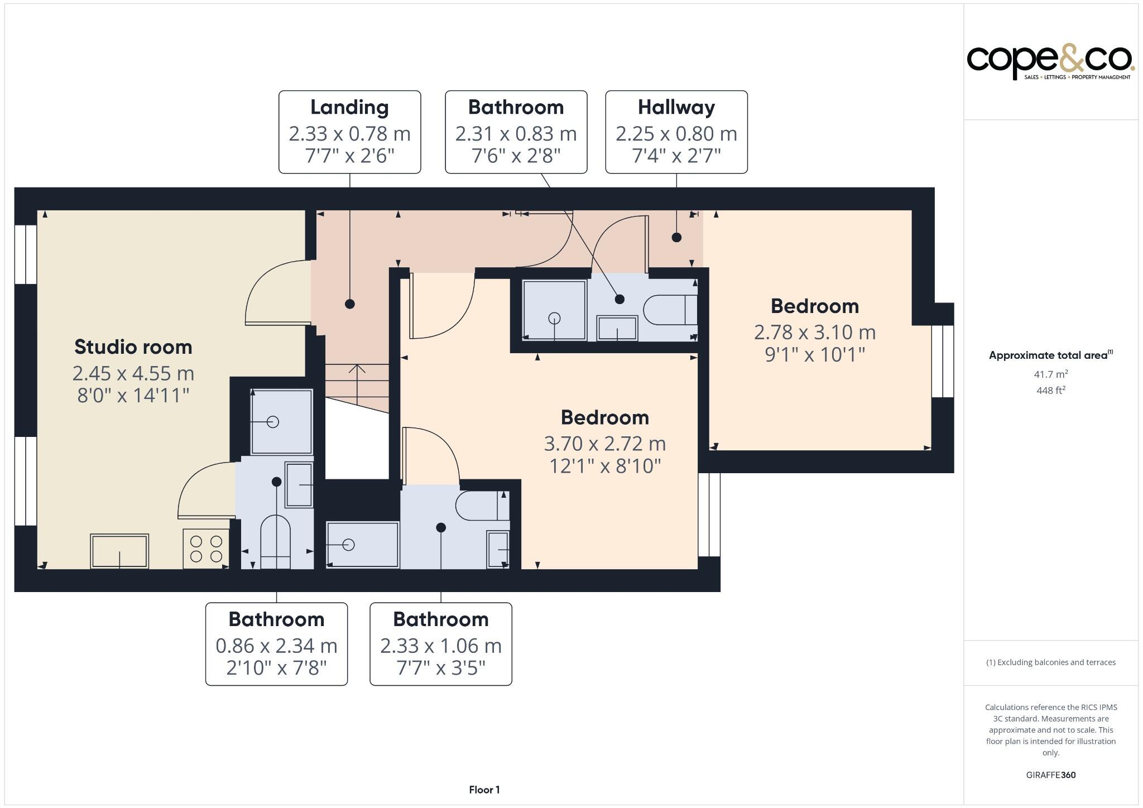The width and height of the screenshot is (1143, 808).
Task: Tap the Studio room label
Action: [x=133, y=347]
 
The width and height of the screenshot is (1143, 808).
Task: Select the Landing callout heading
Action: [x=349, y=107]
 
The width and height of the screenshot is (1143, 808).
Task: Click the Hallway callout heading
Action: [x=676, y=107]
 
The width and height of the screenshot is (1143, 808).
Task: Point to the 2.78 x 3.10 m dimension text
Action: [x=815, y=332]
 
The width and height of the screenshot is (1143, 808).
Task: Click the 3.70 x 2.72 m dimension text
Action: [x=605, y=444]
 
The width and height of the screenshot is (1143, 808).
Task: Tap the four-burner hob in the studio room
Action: [x=206, y=549]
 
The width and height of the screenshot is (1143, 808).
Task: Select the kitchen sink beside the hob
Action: [x=119, y=551]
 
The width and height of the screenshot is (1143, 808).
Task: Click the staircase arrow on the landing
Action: [x=357, y=384]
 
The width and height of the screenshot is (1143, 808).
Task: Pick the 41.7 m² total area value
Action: [x=1050, y=374]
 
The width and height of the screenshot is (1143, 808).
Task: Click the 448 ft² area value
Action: [x=1050, y=390]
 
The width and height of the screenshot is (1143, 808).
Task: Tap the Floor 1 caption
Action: [x=484, y=790]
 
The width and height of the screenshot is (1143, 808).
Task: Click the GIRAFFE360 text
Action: [x=1051, y=775]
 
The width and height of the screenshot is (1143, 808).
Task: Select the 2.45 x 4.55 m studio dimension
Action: [x=133, y=373]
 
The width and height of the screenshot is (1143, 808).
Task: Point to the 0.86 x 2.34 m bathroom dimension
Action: [x=277, y=646]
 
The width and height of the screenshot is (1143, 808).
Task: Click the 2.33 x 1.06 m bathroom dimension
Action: [x=441, y=646]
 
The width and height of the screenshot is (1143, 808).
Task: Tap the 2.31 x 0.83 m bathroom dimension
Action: [x=516, y=133]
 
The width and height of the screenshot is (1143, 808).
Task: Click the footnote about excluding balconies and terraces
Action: [x=1051, y=662]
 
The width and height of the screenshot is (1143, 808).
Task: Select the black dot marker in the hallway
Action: [x=676, y=237]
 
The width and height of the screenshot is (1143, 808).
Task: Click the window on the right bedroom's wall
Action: [x=943, y=361]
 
